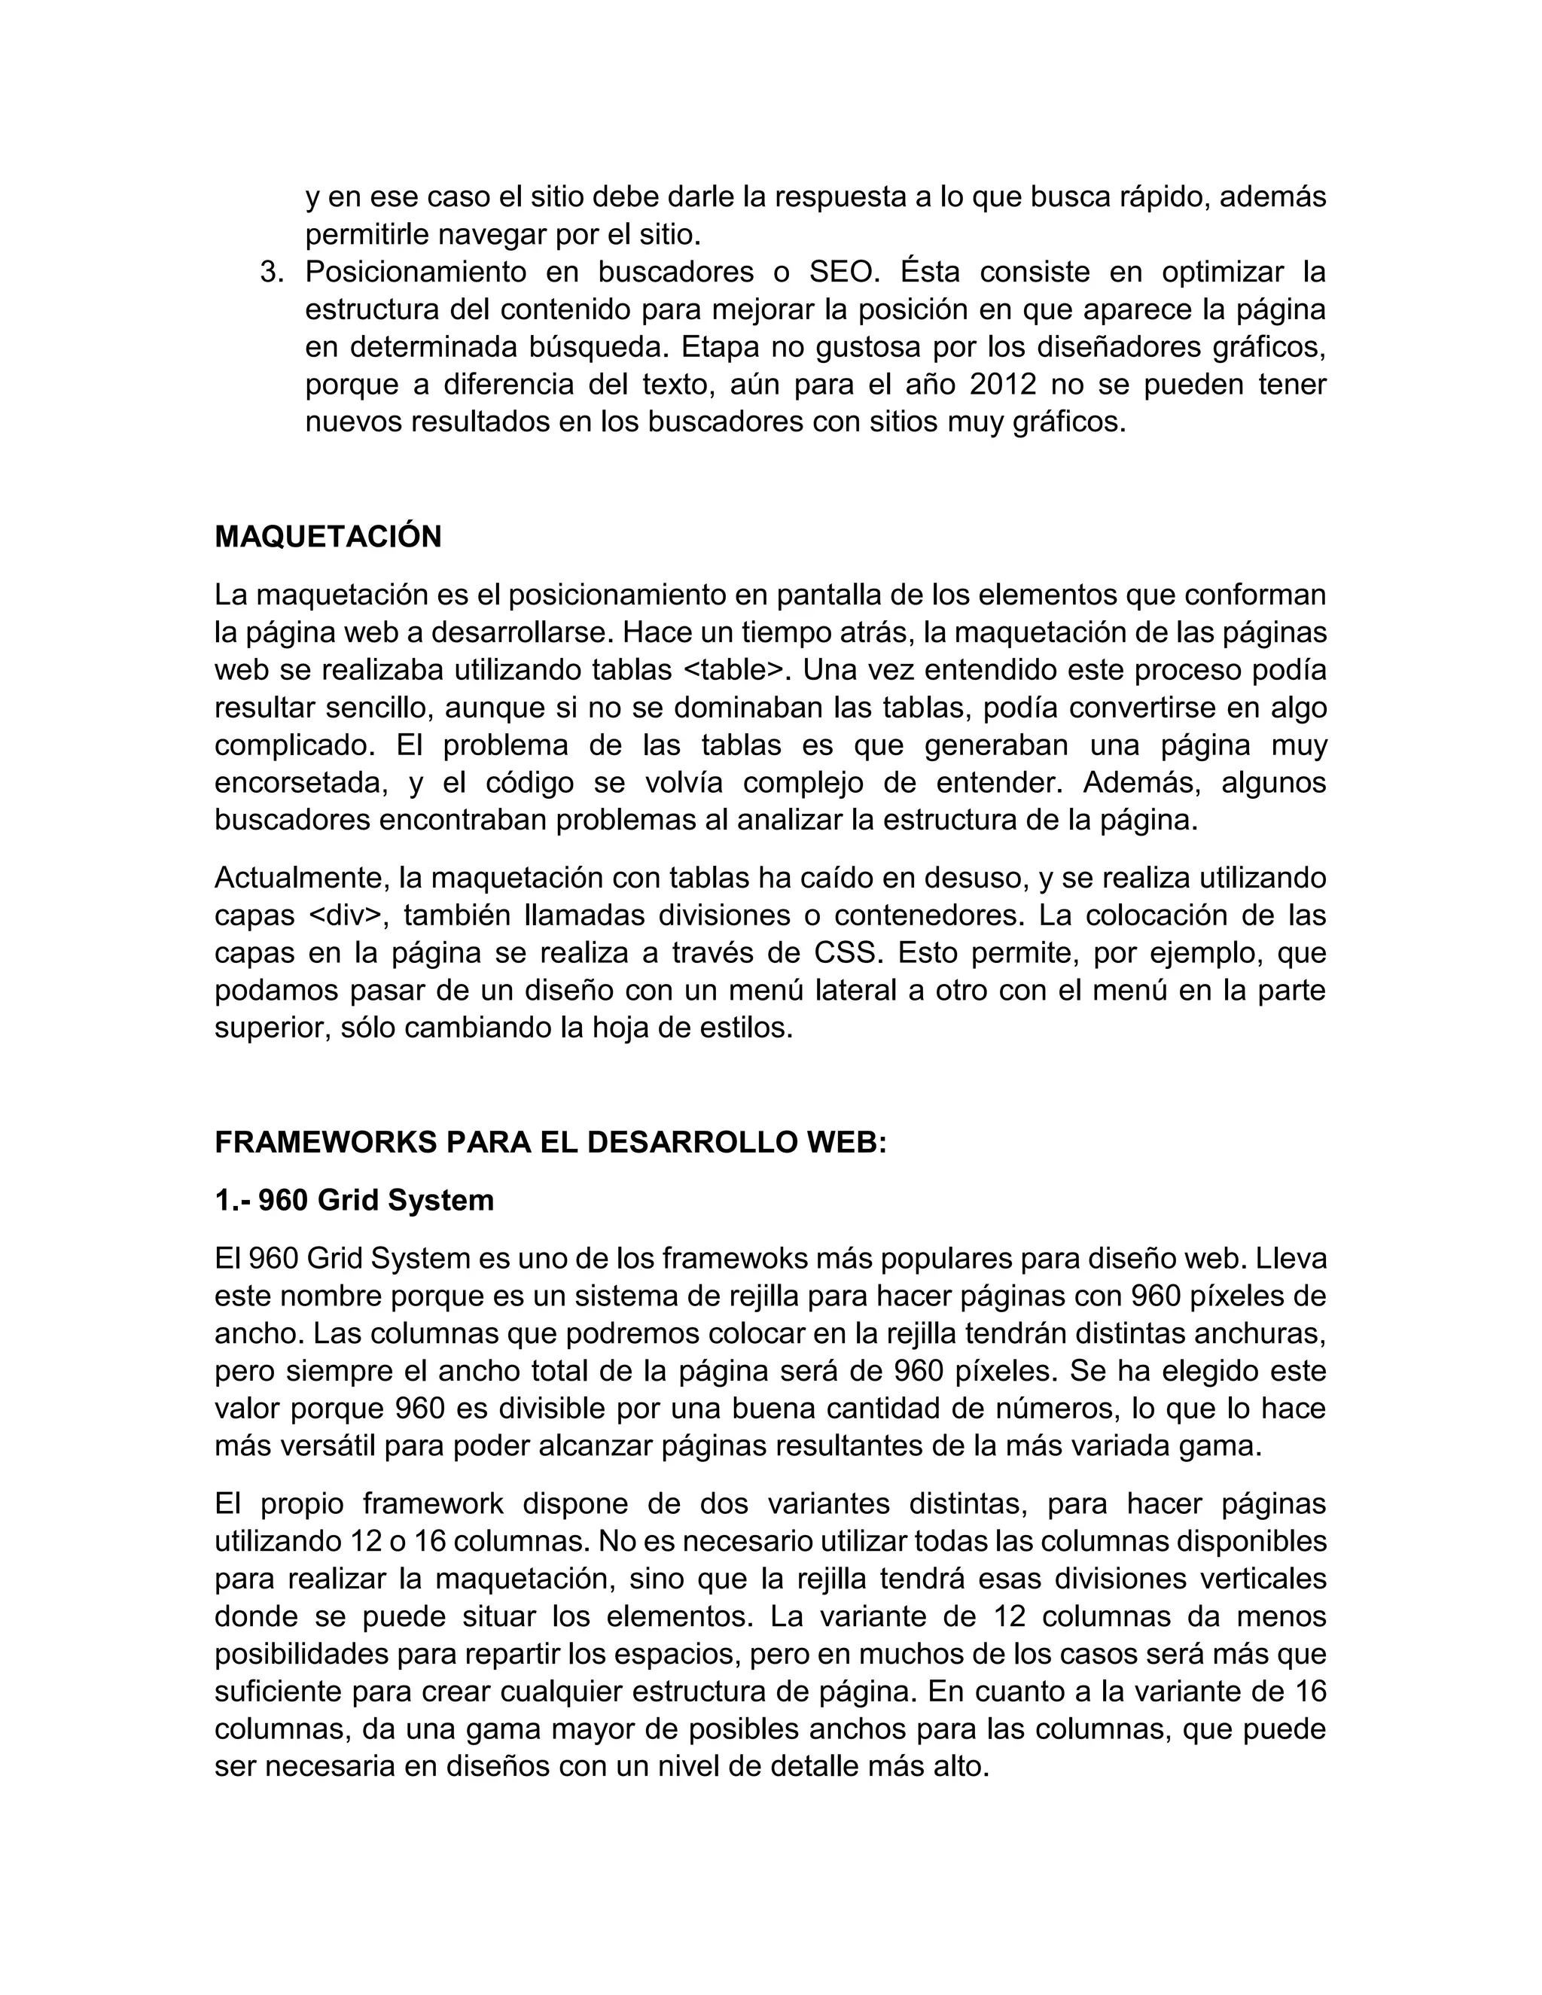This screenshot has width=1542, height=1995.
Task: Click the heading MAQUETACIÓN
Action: coord(328,537)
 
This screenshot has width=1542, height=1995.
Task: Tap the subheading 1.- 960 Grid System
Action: coord(355,1199)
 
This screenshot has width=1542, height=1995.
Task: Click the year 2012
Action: coord(1003,385)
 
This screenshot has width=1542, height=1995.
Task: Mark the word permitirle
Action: coord(367,235)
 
